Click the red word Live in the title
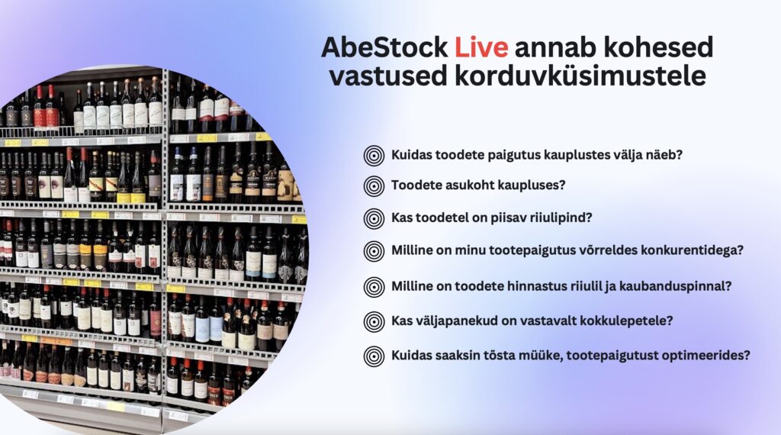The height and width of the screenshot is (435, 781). (x=481, y=47)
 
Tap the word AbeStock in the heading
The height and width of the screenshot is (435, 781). (x=384, y=47)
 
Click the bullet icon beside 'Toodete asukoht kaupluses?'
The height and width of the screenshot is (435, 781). (x=374, y=186)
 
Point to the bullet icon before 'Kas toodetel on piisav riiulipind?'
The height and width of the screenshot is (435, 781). (x=374, y=219)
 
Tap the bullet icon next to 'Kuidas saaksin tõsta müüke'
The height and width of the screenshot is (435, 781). (x=374, y=356)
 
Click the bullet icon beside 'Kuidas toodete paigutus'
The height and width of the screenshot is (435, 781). (x=374, y=156)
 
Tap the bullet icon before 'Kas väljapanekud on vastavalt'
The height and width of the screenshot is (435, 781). (x=374, y=322)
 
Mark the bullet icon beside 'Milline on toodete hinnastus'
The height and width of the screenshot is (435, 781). (x=374, y=288)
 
